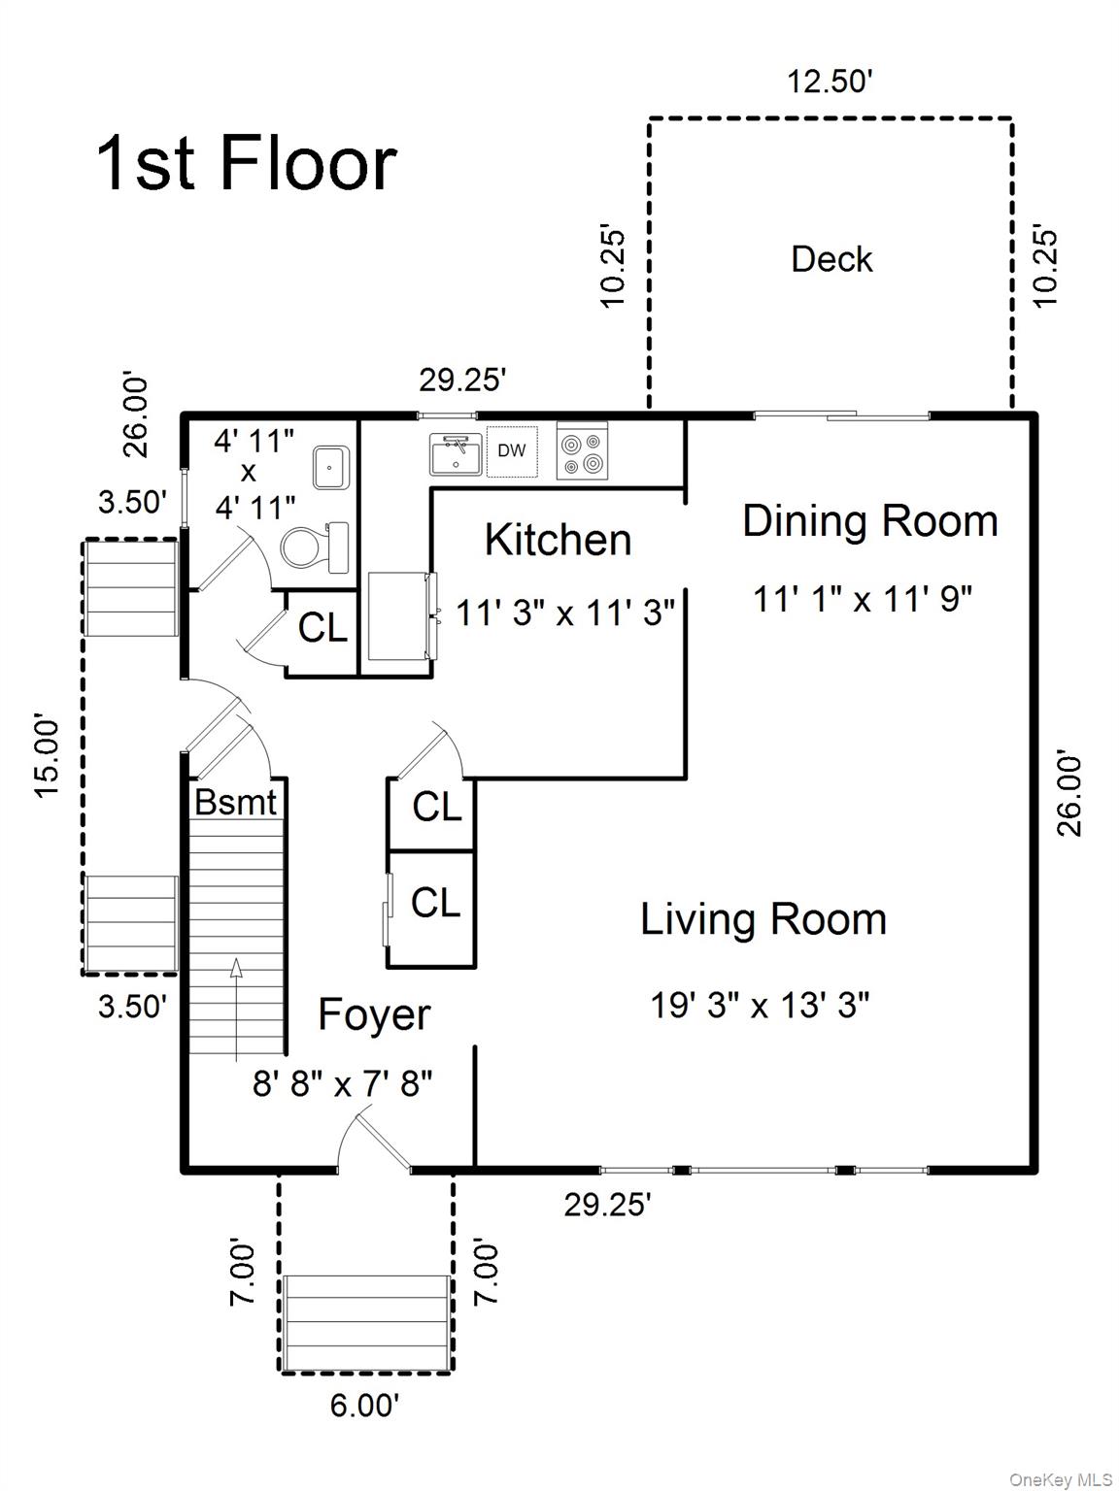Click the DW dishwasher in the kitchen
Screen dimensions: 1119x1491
[512, 451]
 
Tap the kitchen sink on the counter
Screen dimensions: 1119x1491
[456, 453]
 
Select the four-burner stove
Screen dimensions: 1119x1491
[582, 450]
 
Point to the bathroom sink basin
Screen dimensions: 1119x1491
[331, 467]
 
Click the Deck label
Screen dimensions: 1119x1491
[831, 259]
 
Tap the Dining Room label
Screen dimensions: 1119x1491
[870, 521]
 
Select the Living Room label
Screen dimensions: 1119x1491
[763, 919]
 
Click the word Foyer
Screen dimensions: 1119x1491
[374, 1014]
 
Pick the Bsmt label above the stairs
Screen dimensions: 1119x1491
[235, 802]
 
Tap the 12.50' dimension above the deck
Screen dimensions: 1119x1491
[829, 82]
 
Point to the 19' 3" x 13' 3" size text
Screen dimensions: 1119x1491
[760, 1004]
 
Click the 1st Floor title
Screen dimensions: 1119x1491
[247, 163]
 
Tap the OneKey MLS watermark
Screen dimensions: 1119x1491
[1061, 1474]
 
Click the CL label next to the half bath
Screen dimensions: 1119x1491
[322, 627]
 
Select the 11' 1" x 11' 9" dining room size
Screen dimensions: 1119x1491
[863, 599]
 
